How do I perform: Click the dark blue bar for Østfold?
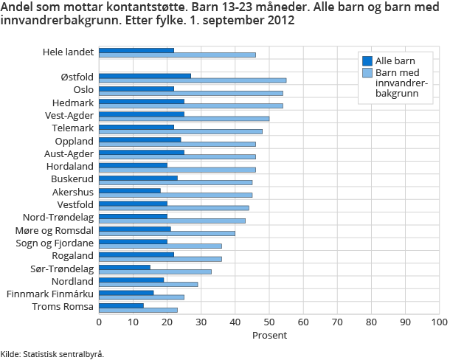click(145, 75)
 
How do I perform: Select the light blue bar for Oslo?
click(191, 93)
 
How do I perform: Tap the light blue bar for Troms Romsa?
click(138, 310)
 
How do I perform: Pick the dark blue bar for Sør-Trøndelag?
click(125, 267)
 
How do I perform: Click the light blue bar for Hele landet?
click(177, 55)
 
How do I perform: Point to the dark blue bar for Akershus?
click(130, 190)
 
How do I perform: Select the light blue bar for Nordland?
click(148, 284)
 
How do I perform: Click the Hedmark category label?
click(73, 103)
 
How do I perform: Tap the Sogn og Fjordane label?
click(57, 243)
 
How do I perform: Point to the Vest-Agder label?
click(69, 115)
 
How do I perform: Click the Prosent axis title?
click(269, 336)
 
